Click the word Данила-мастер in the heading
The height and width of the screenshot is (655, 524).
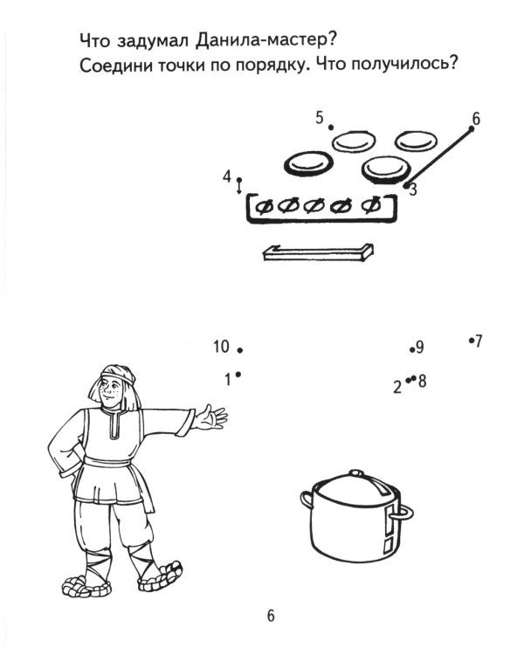[x=265, y=41]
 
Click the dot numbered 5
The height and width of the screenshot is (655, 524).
[x=331, y=127]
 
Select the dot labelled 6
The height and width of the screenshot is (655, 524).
[x=472, y=129]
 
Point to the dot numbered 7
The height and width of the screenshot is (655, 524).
[x=471, y=341]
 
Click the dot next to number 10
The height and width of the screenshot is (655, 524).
[x=240, y=350]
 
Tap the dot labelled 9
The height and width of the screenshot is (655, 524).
[x=412, y=349]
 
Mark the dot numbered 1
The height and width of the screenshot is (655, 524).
[x=238, y=375]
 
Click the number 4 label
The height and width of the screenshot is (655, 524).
[x=226, y=176]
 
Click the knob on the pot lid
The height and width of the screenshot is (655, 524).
[x=356, y=473]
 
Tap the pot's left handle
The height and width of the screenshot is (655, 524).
[x=307, y=499]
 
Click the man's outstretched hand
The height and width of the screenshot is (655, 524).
[x=211, y=417]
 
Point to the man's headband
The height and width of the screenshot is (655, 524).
[x=118, y=376]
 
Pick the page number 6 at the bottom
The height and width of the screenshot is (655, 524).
[x=271, y=616]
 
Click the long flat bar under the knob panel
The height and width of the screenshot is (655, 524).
[x=318, y=252]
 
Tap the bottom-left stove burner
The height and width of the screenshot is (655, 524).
[x=309, y=164]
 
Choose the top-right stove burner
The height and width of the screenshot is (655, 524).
[x=416, y=141]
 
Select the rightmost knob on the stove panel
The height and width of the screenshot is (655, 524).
[x=371, y=204]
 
